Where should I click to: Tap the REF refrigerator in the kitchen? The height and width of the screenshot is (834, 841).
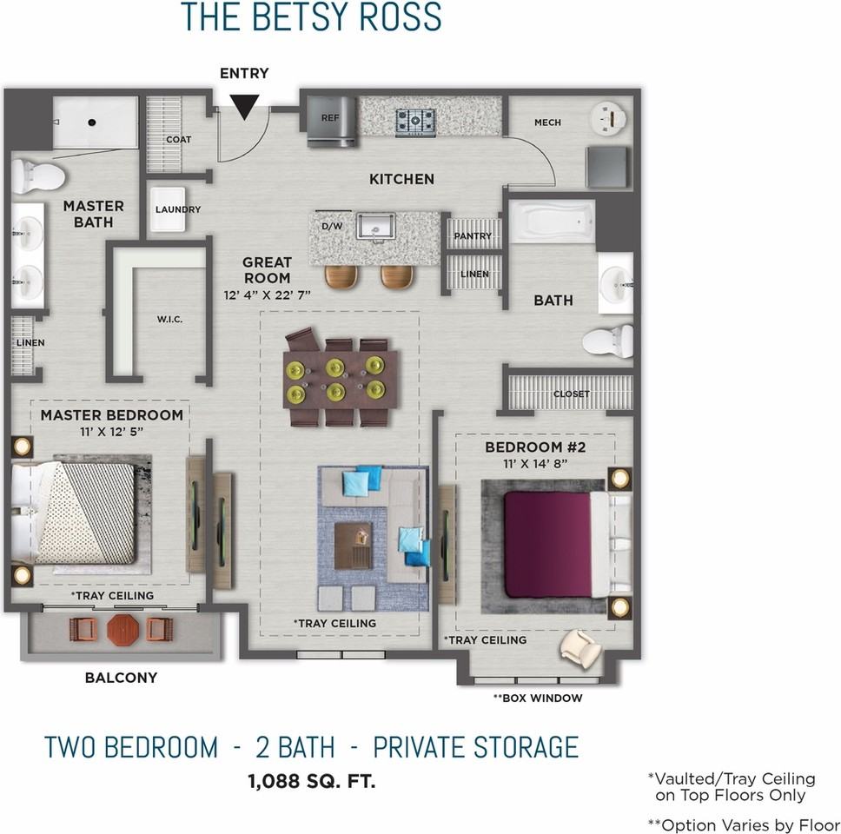coord(331,122)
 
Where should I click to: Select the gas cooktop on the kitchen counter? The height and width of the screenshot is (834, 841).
coord(415,122)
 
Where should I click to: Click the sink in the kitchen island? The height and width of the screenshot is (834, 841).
coord(376,226)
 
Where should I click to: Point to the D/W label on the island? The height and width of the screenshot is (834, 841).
coord(332,227)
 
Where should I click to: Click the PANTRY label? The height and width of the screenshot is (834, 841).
coord(473,236)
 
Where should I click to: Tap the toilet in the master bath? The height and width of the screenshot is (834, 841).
coord(38,175)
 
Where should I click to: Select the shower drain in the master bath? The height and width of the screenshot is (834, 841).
coord(92,122)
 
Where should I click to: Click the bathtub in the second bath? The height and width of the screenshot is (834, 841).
coord(552,222)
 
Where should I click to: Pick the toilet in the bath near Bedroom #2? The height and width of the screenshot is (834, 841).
coord(607,341)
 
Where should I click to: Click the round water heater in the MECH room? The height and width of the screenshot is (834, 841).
coord(607,118)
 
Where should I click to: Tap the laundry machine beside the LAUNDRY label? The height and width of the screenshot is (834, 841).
coord(167,209)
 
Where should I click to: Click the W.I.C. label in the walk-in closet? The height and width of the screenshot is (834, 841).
coord(169,319)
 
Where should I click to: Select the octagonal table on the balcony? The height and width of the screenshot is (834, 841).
coord(123,630)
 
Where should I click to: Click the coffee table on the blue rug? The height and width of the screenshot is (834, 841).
coord(353,546)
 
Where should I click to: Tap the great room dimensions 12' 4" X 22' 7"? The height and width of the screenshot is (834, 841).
coord(267,295)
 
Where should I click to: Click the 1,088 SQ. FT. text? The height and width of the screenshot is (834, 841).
coord(312,781)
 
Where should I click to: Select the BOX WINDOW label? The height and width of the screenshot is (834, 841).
coord(538,698)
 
